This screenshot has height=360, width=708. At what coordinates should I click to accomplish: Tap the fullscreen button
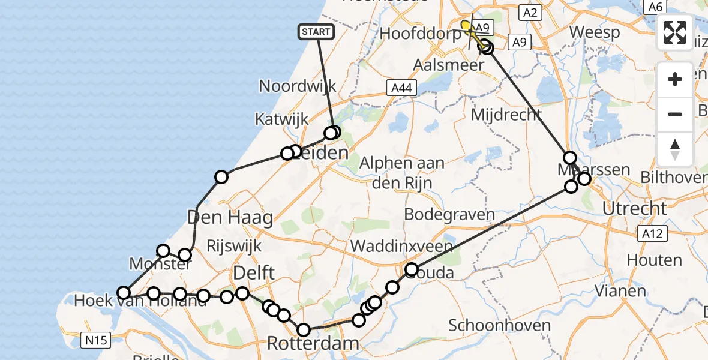pos(675,32)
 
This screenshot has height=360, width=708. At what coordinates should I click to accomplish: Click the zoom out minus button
pos(675,114)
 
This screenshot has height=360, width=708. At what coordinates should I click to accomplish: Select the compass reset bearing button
pos(675,149)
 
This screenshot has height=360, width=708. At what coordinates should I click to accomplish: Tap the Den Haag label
pos(230,217)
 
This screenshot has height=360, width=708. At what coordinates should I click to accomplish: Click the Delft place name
pos(254,273)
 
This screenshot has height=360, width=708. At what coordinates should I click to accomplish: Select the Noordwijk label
pos(298,86)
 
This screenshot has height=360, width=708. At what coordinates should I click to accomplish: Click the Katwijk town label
pos(281,119)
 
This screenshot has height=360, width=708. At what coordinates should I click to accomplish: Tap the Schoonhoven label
pos(500,326)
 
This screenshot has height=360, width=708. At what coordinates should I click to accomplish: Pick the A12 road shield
pos(651,233)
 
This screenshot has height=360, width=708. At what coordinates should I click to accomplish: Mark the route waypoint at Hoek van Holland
pos(124,293)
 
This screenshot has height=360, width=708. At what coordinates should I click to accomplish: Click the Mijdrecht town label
pos(506,114)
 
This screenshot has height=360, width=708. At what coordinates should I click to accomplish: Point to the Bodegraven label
pos(449,214)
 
